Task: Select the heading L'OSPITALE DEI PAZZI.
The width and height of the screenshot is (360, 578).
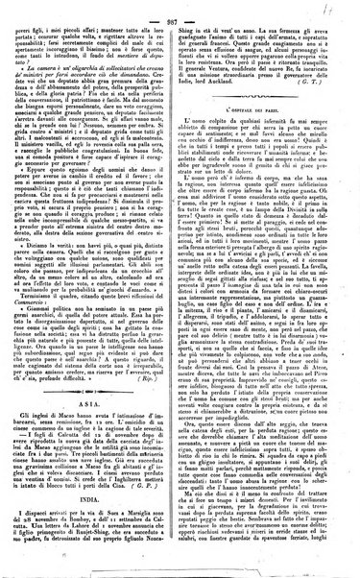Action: click(x=262, y=147)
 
